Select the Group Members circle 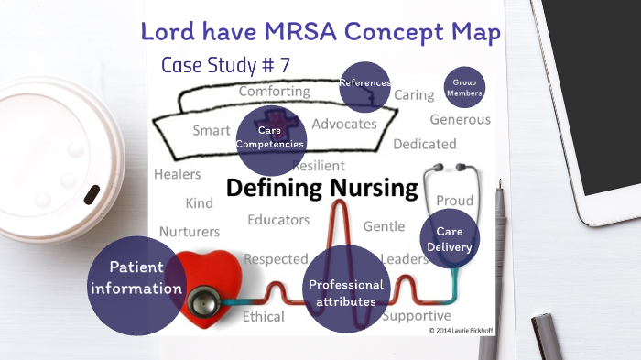(463, 88)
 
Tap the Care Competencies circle (269, 137)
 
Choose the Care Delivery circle (449, 239)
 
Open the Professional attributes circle (346, 292)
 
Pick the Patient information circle (135, 278)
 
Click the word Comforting (273, 92)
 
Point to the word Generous (460, 119)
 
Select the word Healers (178, 174)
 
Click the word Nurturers (190, 231)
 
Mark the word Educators (278, 220)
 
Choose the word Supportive (416, 316)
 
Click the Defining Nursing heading (321, 190)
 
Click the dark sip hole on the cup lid (92, 194)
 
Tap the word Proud (454, 201)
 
